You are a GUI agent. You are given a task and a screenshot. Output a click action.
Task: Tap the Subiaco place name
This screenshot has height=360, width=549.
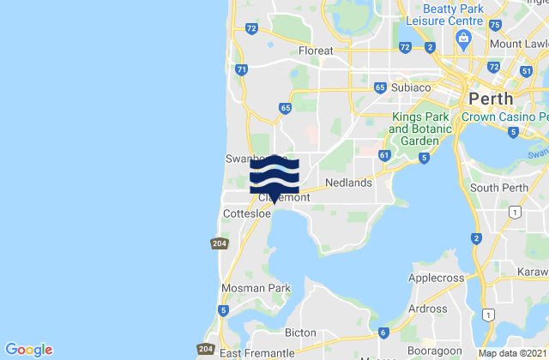pos(409,87)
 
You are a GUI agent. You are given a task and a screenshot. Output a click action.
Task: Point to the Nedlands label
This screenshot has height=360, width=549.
pos(349,183)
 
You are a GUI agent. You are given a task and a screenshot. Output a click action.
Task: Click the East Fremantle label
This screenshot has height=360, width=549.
pos(253,352)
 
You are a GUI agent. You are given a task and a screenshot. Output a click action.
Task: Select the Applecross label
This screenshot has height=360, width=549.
pos(435,279)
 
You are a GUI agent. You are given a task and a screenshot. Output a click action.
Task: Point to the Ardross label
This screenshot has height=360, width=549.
pos(427,309)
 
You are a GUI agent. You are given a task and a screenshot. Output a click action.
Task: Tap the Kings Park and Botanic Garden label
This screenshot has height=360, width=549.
pos(420,129)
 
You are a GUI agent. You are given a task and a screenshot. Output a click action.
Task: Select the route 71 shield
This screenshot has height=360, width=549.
pos(242,69)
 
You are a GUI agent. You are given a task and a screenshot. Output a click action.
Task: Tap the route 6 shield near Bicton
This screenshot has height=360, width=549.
pos(383,333)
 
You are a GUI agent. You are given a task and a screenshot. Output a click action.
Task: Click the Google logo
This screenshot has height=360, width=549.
pos(28,350)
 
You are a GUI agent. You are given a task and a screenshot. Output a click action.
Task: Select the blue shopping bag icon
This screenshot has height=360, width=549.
pos(464,37)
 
